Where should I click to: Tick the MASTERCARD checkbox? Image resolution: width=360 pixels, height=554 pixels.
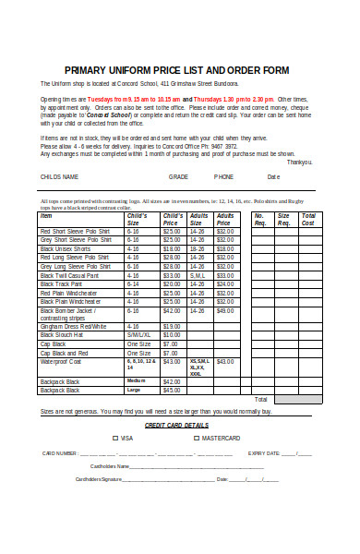tap(196, 438)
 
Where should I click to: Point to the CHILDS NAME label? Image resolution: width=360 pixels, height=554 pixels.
tap(59, 177)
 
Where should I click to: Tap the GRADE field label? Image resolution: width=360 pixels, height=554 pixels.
tap(177, 177)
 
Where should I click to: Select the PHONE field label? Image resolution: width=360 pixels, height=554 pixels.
tap(223, 177)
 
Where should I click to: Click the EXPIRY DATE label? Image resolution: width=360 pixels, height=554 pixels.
tap(264, 453)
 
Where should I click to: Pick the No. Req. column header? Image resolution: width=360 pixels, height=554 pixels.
tap(259, 219)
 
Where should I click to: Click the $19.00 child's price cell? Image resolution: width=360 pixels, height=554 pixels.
tap(171, 326)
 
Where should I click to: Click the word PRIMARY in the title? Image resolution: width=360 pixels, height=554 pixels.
tap(86, 70)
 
